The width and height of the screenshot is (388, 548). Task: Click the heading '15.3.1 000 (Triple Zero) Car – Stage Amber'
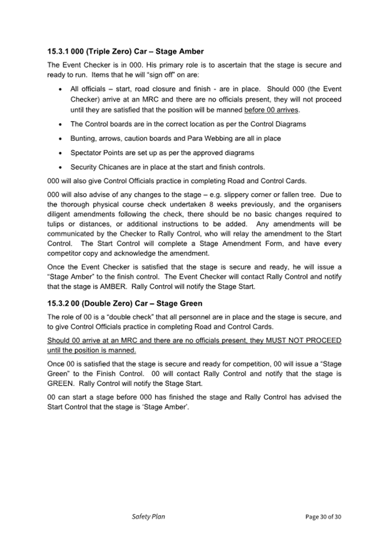(x=125, y=51)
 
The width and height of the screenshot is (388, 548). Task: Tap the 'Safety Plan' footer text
(x=148, y=516)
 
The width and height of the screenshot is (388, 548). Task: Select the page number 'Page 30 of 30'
(x=323, y=517)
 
